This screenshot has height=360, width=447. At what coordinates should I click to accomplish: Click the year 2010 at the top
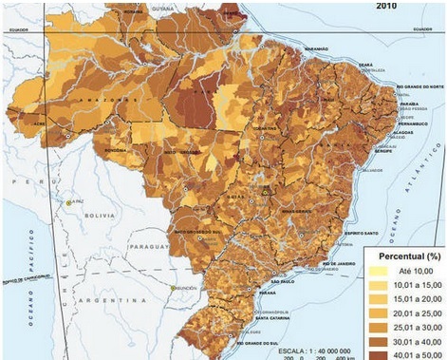pyautogui.click(x=385, y=6)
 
